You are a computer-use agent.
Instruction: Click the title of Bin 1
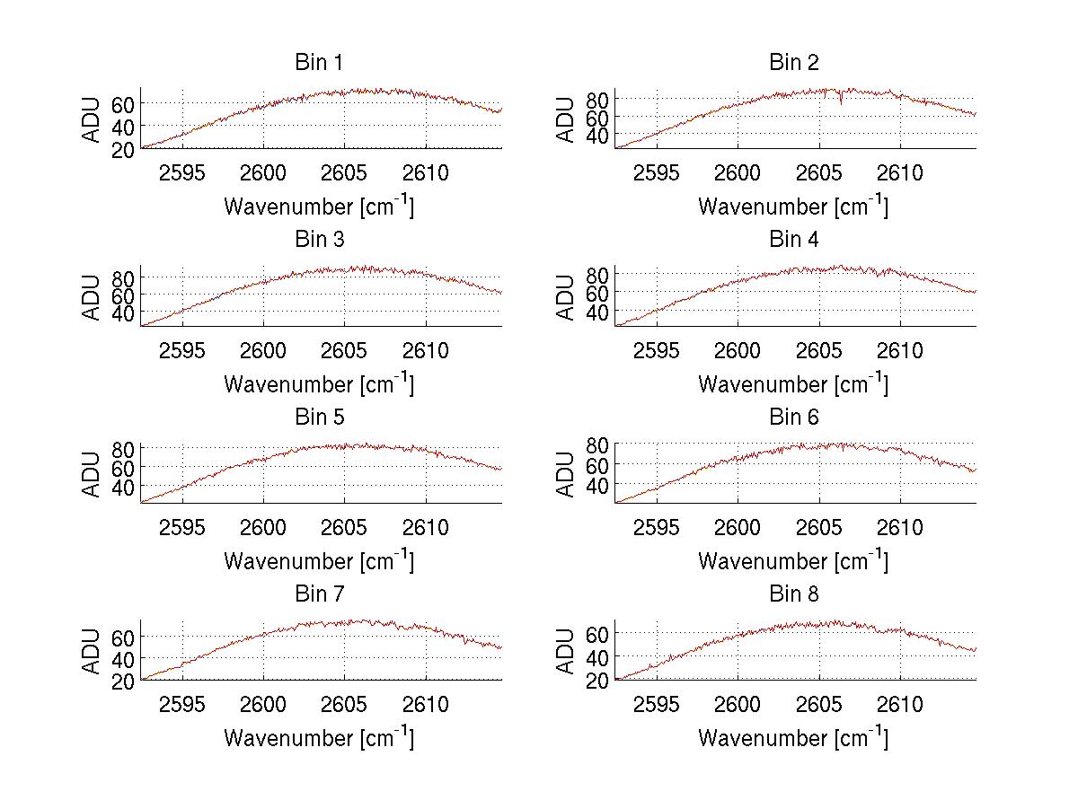coord(319,63)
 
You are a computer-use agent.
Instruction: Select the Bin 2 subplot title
coord(794,63)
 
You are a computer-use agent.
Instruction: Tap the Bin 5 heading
coord(319,418)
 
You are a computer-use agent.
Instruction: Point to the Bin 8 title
coord(794,594)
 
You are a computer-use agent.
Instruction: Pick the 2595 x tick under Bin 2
coord(657,172)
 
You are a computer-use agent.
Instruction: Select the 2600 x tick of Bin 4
coord(737,350)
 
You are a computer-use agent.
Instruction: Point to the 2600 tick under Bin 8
coord(737,704)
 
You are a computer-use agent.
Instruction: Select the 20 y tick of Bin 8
coord(599,681)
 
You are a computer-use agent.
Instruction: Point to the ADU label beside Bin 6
coord(566,474)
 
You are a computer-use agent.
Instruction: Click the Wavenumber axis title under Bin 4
coord(793,383)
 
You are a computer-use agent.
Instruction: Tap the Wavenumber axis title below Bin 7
coord(319,737)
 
